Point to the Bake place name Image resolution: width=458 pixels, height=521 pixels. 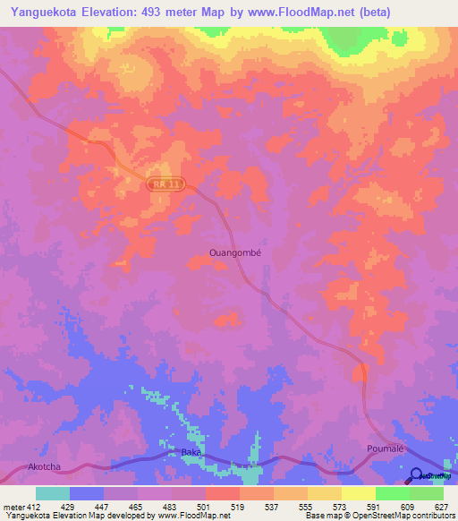click(x=191, y=453)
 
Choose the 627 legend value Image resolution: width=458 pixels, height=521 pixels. click(x=443, y=507)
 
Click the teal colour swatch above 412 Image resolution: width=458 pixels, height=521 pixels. click(x=53, y=493)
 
